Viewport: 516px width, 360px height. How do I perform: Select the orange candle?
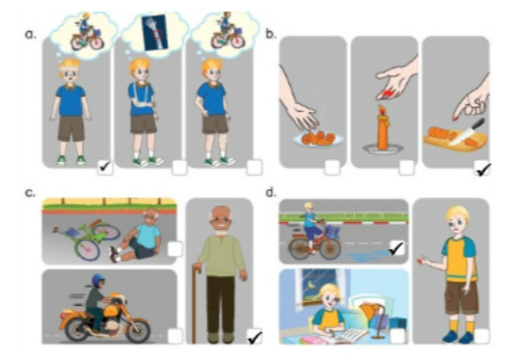(384, 135)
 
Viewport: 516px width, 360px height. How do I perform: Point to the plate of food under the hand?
(314, 139)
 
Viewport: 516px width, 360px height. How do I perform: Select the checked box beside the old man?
(255, 336)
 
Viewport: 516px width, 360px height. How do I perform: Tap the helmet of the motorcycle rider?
(97, 280)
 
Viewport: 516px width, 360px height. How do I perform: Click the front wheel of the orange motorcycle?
(135, 328)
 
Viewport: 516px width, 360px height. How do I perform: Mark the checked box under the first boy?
(104, 168)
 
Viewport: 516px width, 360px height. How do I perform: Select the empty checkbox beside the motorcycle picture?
(175, 336)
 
